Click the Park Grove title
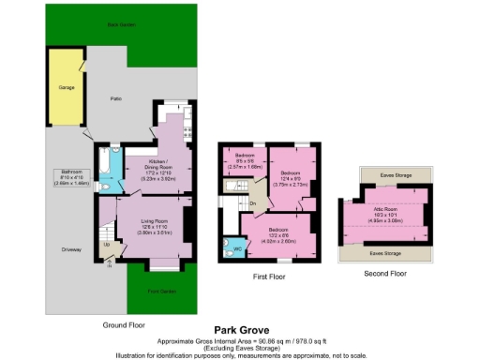[x=239, y=329]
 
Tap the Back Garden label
[x=119, y=25]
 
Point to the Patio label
[x=117, y=97]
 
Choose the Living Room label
[x=154, y=223]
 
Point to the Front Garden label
[x=161, y=291]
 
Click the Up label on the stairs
[x=105, y=246]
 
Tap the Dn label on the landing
[x=253, y=202]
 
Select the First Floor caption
[x=269, y=277]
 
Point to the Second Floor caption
[x=385, y=273]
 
